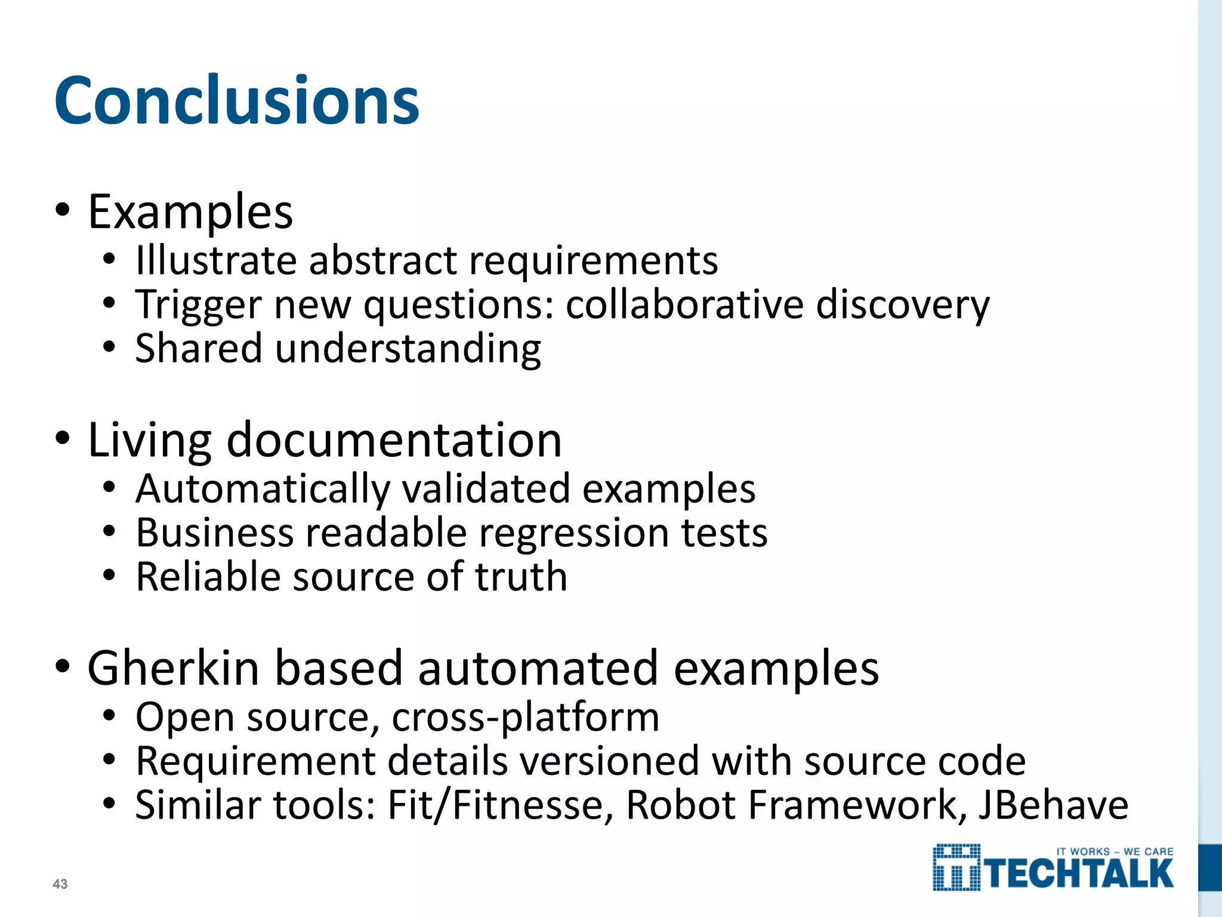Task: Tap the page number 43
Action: coord(60,884)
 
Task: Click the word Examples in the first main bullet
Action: coord(190,213)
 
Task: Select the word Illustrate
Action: coord(216,261)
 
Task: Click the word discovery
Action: coord(903,306)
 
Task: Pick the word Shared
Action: coord(199,349)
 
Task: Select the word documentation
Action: coord(394,441)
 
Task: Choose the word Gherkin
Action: coord(174,669)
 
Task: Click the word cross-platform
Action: coord(526,718)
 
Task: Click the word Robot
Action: coord(681,805)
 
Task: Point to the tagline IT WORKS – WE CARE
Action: coord(1115,852)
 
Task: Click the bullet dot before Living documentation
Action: coord(62,439)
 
